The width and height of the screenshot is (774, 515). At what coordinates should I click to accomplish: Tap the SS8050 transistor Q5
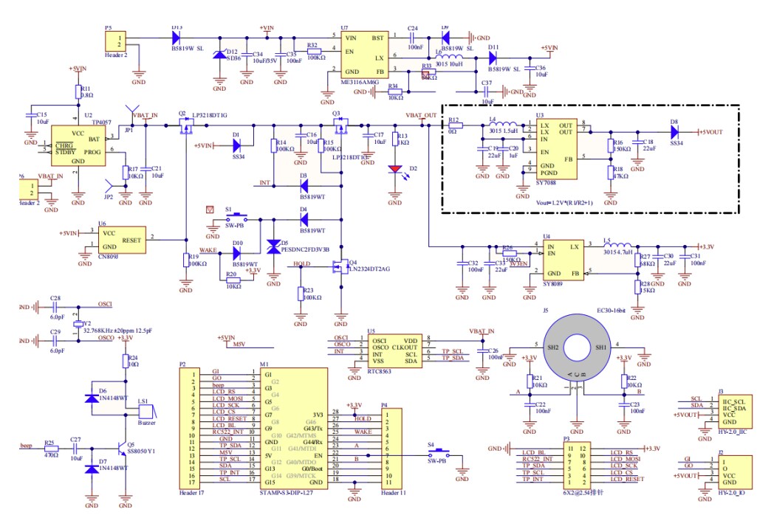(x=121, y=446)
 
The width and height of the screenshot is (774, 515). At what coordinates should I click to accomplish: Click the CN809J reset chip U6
(x=120, y=239)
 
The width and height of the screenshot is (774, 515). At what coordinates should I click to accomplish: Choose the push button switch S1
(x=236, y=219)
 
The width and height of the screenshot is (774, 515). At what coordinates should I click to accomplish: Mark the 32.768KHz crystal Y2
(x=78, y=324)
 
